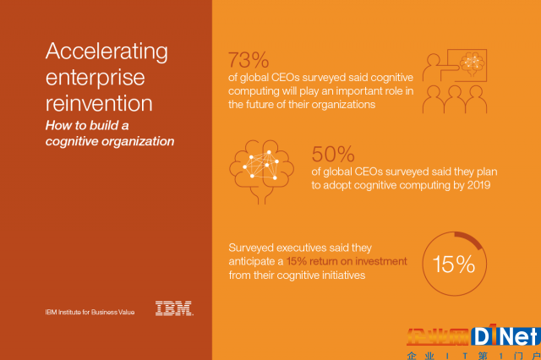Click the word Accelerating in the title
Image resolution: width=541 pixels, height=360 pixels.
click(107, 52)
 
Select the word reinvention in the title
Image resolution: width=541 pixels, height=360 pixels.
click(99, 103)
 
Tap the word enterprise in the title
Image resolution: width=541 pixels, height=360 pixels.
click(96, 79)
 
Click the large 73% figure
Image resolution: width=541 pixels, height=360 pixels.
click(249, 60)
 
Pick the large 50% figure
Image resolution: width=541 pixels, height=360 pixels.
click(333, 154)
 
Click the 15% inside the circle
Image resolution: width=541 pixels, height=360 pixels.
click(454, 265)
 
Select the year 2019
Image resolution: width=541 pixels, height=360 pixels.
click(479, 185)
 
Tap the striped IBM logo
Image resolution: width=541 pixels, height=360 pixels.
click(174, 308)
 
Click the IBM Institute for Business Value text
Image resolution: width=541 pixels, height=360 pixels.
click(90, 312)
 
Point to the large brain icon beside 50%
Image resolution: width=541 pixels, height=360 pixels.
click(261, 172)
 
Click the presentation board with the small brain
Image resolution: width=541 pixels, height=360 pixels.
click(467, 65)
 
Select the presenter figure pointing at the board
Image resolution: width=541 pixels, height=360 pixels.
click(435, 68)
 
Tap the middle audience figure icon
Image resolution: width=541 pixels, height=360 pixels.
click(455, 100)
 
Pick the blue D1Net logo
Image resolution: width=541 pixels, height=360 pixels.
click(505, 335)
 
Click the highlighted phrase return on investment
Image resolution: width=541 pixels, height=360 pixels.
click(358, 261)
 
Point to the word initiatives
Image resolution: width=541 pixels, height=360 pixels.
click(344, 275)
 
